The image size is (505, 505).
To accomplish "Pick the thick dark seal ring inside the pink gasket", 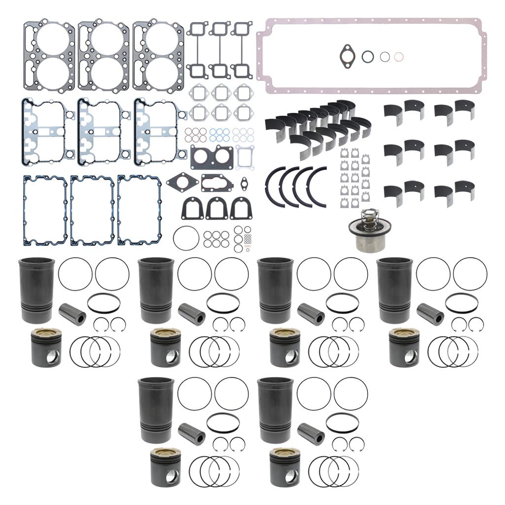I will (x=368, y=56).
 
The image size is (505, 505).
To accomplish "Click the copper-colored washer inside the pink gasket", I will (x=398, y=57).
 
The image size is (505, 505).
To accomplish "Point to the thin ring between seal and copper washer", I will (x=385, y=57).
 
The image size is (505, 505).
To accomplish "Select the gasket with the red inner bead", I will (x=216, y=183).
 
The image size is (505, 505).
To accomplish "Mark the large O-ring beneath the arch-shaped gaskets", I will (x=186, y=238).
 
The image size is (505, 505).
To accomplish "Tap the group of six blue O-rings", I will (x=219, y=135).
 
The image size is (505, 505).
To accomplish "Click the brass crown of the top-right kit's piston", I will (x=404, y=334).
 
